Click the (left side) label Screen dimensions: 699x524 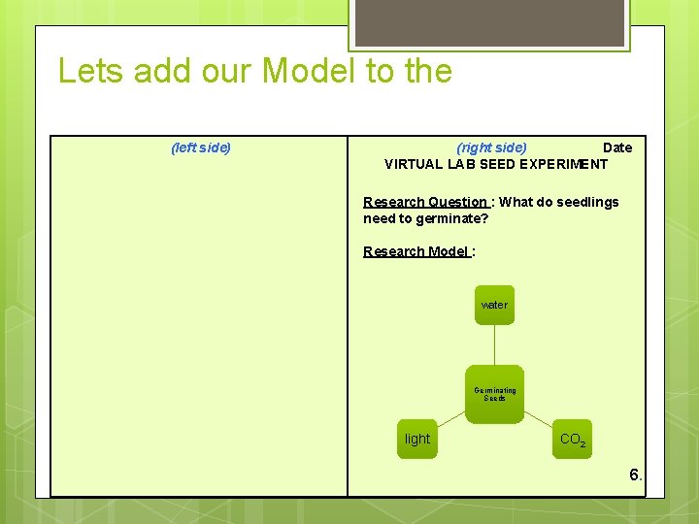(x=200, y=147)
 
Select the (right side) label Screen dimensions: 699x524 (x=491, y=147)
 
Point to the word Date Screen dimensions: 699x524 (x=617, y=147)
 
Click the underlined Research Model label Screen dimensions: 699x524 (x=417, y=251)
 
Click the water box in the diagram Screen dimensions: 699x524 (x=494, y=305)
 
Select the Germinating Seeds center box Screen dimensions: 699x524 (x=494, y=393)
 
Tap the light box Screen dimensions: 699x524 (x=417, y=439)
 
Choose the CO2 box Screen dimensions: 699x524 (x=572, y=439)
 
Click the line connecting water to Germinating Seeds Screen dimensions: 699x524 (x=494, y=345)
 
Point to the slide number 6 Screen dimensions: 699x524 (x=635, y=475)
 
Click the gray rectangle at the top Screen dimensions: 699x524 (x=488, y=21)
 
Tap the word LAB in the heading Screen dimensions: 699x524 (x=461, y=164)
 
